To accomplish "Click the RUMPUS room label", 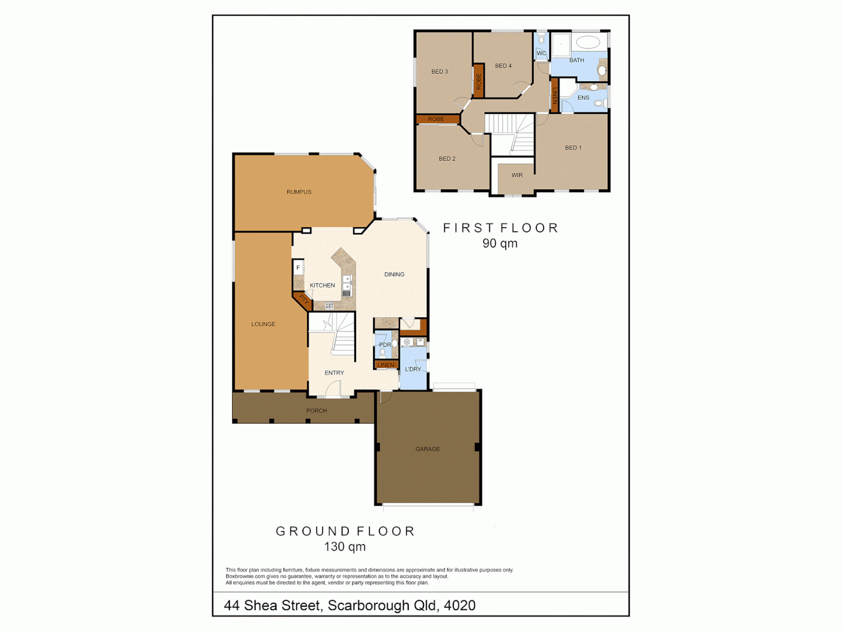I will [x=299, y=192].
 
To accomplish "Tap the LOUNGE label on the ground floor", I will [x=263, y=324].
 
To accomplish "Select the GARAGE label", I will [x=427, y=449].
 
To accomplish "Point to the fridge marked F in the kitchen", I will [x=298, y=268].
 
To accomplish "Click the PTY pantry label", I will [x=303, y=300].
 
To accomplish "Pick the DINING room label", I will [x=394, y=275].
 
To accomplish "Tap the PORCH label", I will [x=316, y=411].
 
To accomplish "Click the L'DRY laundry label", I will [x=413, y=369].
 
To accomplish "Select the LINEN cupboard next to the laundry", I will [x=386, y=365].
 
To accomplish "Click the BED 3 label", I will [x=440, y=72].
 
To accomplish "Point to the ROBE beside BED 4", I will [x=479, y=81].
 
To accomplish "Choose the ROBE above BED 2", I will [x=436, y=119].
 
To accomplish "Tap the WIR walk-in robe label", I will [x=517, y=175].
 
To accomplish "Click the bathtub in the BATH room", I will [x=588, y=42].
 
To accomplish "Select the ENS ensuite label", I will [x=584, y=98].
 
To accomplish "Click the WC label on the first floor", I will [x=541, y=54].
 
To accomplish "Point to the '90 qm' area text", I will [x=500, y=244].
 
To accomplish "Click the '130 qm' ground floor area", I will [x=345, y=547].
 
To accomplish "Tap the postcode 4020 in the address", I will [x=460, y=605].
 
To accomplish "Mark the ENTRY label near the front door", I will [x=334, y=373].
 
